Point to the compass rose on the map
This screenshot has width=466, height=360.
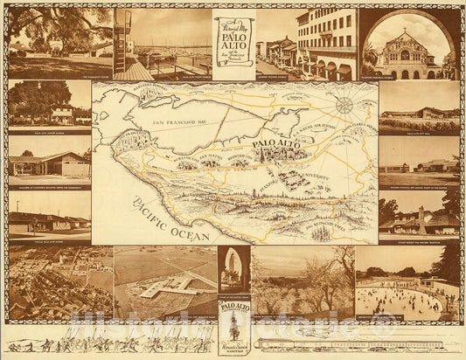(344, 106)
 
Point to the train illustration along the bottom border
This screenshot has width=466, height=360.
(350, 343)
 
